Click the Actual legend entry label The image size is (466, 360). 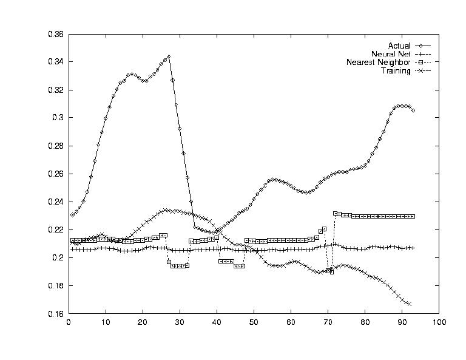click(399, 46)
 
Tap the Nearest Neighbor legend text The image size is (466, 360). click(378, 63)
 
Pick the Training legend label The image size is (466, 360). click(396, 71)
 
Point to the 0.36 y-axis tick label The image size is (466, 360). click(56, 35)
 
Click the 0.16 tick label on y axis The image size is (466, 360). click(56, 314)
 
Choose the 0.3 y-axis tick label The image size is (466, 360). click(59, 118)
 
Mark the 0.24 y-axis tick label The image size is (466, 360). click(56, 202)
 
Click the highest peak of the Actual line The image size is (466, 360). click(169, 56)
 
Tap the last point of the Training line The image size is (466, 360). click(410, 304)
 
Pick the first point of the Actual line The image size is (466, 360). click(72, 215)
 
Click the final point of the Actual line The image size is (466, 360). click(413, 110)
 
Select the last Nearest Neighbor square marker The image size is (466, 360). click(413, 216)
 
